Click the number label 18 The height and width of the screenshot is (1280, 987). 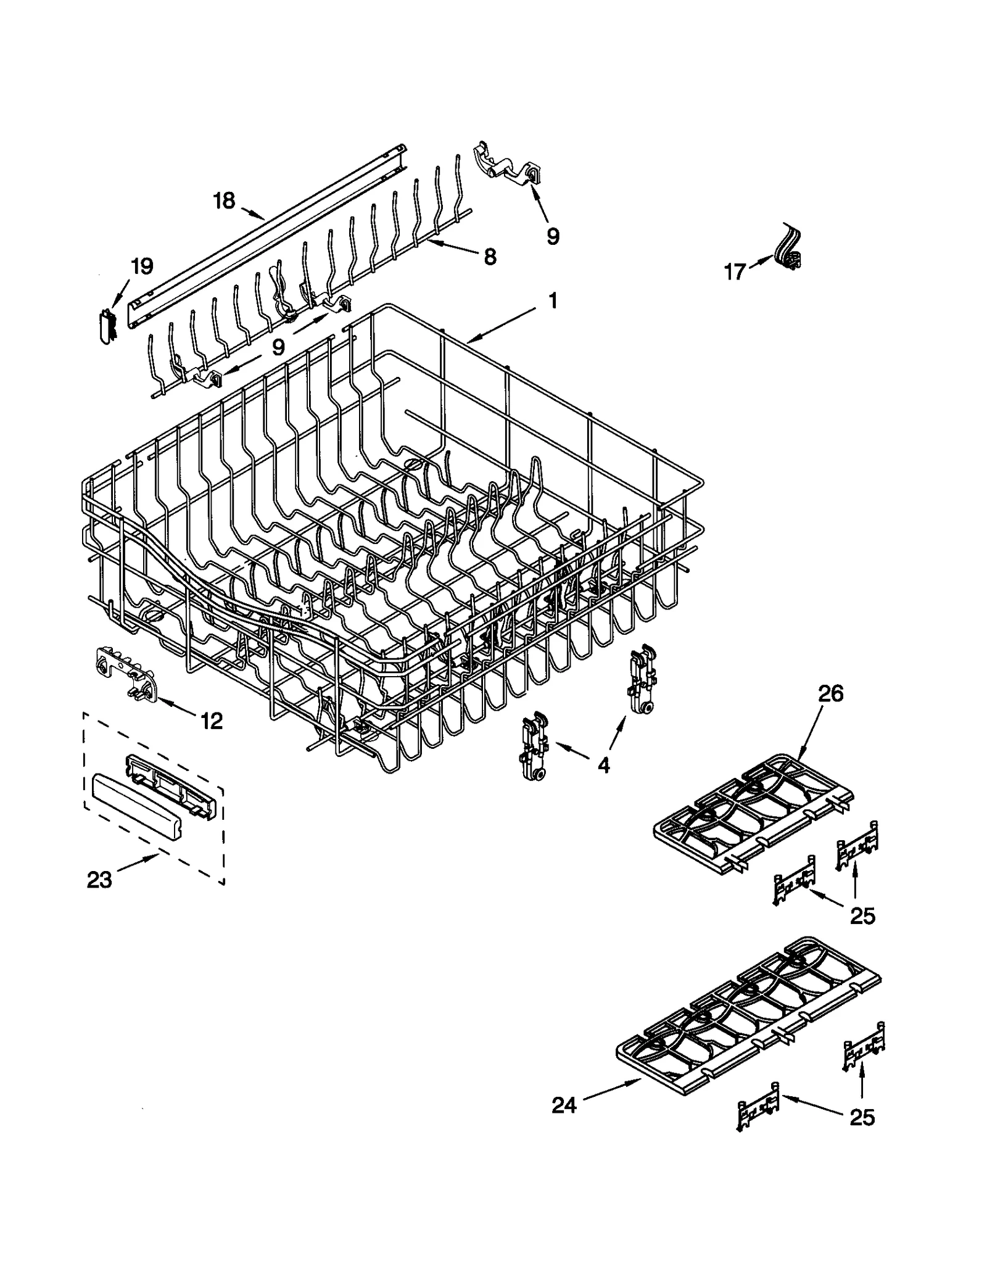(x=225, y=200)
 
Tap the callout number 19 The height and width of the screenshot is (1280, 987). (x=141, y=266)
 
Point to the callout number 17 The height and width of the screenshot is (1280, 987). (x=735, y=271)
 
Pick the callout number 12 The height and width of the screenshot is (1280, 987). (x=211, y=720)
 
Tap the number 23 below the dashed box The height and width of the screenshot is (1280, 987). (x=99, y=880)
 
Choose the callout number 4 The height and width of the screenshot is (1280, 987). (x=603, y=765)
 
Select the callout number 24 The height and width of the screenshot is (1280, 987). (x=564, y=1105)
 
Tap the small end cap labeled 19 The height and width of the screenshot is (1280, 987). (x=107, y=324)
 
